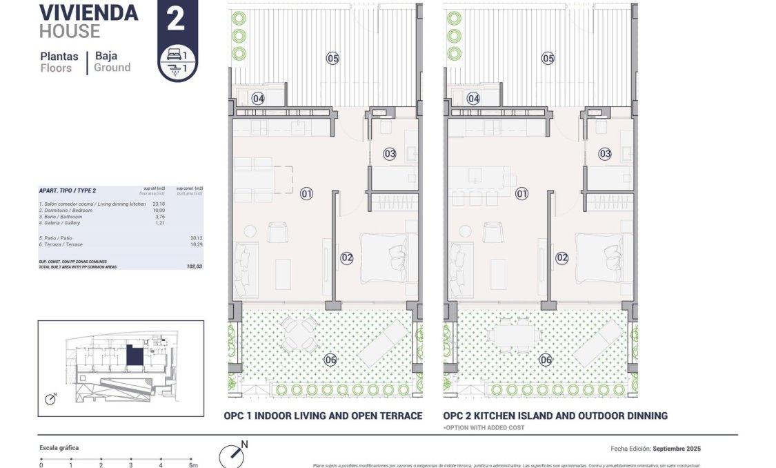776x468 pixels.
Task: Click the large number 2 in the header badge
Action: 176,19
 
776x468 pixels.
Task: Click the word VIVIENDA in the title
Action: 88,12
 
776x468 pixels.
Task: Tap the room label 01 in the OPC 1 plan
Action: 307,194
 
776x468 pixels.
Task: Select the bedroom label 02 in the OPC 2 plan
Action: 562,258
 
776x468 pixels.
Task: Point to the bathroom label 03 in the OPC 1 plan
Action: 390,154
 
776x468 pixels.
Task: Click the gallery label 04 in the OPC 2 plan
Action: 473,99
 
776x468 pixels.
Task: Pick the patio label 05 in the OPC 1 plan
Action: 333,59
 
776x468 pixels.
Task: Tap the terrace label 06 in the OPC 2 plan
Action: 546,360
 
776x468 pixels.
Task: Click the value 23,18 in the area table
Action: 159,204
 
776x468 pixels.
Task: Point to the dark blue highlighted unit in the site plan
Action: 134,357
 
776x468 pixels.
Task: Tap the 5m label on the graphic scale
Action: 193,465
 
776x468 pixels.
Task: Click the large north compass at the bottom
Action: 232,456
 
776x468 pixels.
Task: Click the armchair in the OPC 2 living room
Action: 493,233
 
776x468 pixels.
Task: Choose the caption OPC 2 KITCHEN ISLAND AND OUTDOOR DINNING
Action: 555,416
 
